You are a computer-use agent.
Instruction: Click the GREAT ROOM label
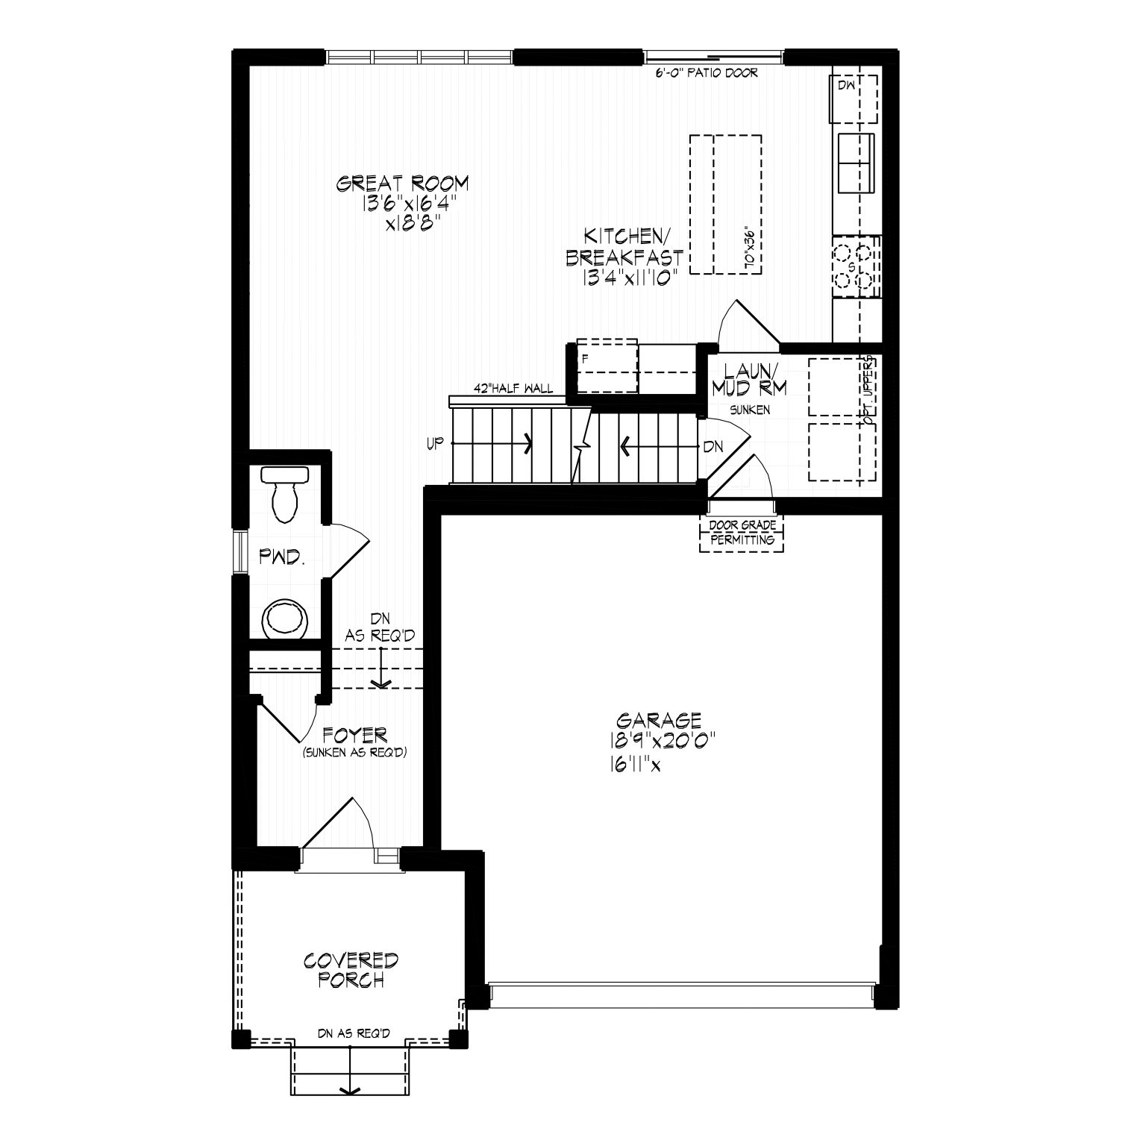[x=403, y=183]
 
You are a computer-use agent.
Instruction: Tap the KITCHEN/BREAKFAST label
[x=624, y=247]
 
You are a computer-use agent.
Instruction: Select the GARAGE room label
[x=660, y=720]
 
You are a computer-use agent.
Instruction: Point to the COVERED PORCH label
[x=351, y=970]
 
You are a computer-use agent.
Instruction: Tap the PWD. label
[x=282, y=556]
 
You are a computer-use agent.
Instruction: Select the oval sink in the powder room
[x=284, y=618]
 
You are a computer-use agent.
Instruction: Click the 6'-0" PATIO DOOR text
[x=707, y=73]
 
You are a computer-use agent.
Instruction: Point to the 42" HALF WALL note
[x=514, y=388]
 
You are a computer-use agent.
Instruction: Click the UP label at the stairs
[x=435, y=444]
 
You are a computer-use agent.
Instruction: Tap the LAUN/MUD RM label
[x=749, y=379]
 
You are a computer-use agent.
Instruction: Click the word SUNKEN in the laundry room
[x=749, y=410]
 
